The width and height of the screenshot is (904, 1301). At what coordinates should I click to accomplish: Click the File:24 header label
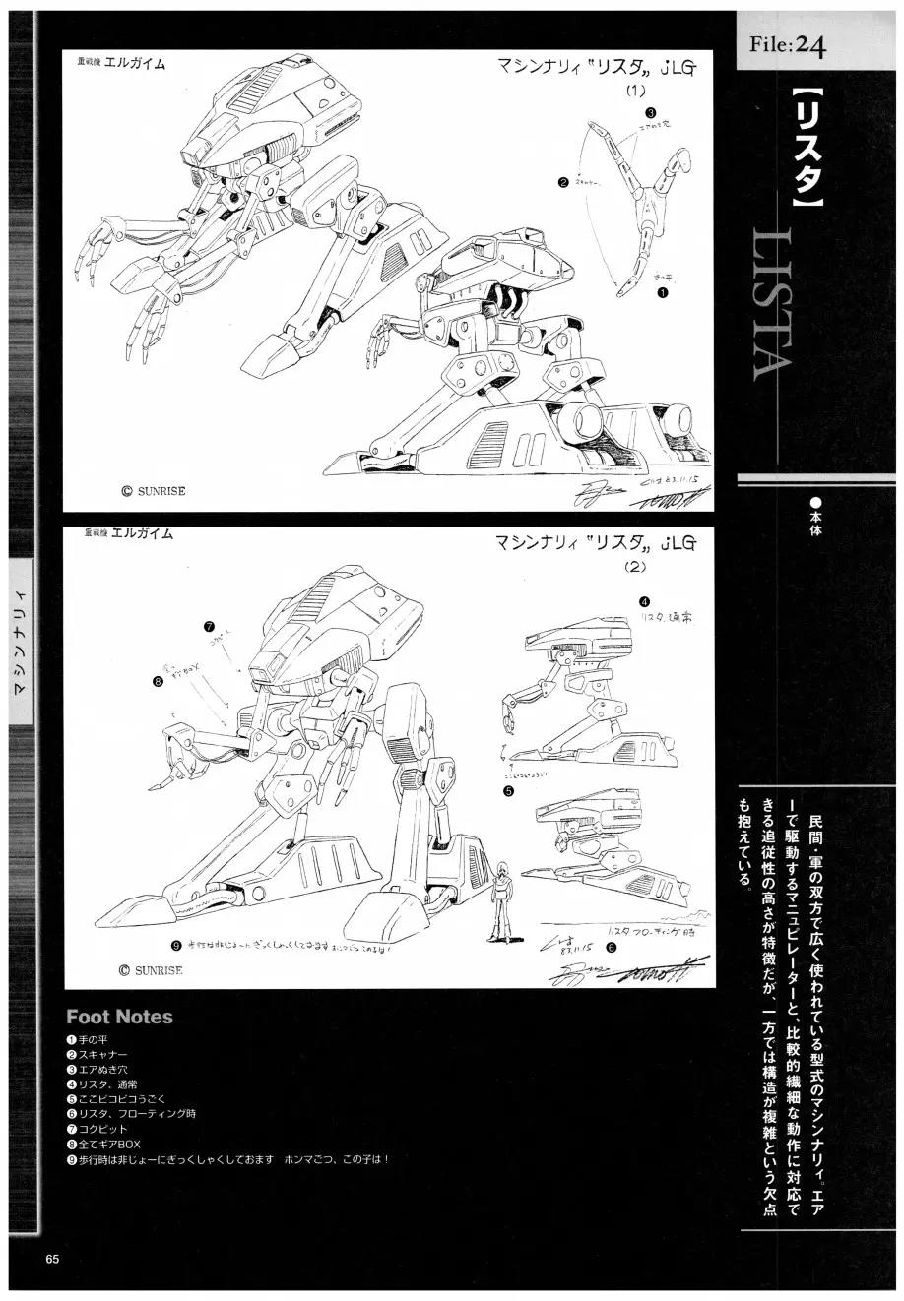[x=786, y=45]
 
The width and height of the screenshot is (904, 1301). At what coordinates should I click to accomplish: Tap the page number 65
[x=52, y=1260]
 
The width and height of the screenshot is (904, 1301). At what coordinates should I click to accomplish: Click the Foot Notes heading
[x=119, y=1017]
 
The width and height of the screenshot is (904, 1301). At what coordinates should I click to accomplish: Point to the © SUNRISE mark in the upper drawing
[x=154, y=490]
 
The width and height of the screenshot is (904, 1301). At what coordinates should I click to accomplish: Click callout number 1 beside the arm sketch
[x=662, y=292]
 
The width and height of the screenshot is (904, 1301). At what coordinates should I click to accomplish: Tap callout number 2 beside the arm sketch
[x=562, y=182]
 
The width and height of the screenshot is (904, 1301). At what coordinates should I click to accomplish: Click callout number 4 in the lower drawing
[x=643, y=601]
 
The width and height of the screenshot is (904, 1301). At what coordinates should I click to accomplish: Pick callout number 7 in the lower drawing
[x=210, y=626]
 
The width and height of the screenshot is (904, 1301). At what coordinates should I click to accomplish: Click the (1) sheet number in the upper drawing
[x=635, y=91]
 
